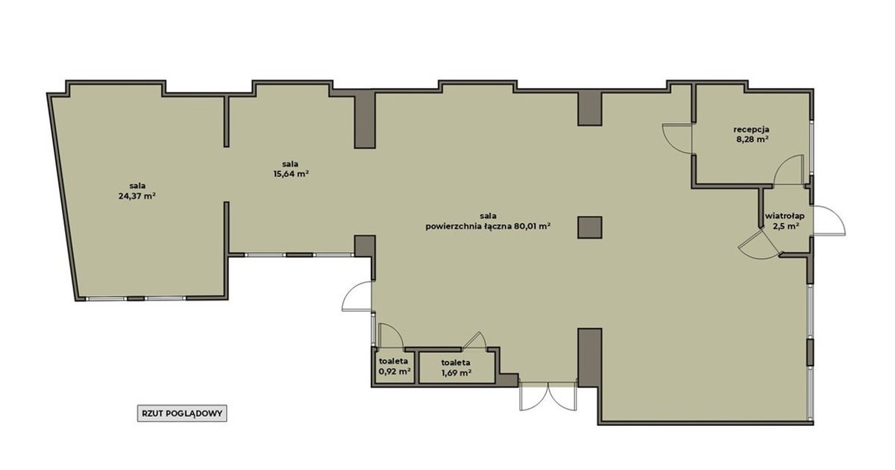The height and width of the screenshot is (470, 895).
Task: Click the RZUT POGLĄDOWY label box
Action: click(x=182, y=413)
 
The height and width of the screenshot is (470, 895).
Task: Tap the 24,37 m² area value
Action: click(x=137, y=196)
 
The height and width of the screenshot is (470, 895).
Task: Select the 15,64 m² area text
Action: click(x=290, y=175)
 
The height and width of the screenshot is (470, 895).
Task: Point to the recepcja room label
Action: click(x=751, y=130)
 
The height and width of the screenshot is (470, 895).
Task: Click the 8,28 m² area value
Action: click(x=753, y=140)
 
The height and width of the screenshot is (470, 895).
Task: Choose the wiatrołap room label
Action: click(x=785, y=216)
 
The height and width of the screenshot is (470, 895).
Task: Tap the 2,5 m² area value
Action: click(x=785, y=226)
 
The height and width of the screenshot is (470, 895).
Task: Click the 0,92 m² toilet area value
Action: click(x=395, y=371)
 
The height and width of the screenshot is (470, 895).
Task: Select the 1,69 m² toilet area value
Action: click(x=456, y=373)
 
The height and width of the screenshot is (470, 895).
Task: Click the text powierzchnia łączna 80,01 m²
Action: click(x=489, y=227)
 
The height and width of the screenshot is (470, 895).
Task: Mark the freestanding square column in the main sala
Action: click(x=589, y=228)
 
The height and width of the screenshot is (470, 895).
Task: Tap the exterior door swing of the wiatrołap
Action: click(x=829, y=221)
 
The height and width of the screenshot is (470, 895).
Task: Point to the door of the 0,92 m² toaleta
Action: click(x=390, y=335)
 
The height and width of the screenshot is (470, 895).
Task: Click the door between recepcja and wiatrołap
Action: click(x=789, y=170)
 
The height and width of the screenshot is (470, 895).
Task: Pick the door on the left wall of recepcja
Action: click(x=678, y=138)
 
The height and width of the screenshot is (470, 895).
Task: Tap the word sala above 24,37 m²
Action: click(x=137, y=186)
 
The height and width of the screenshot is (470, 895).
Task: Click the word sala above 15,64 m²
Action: click(x=290, y=164)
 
